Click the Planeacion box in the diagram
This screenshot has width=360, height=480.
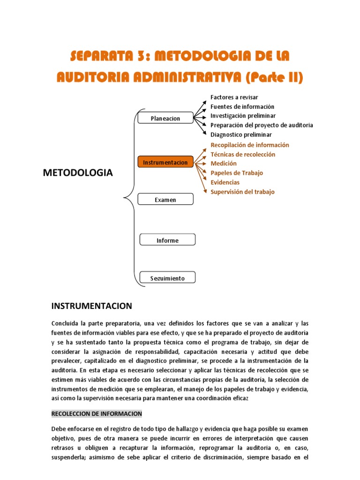point(165,118)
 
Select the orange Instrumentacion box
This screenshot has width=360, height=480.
point(165,162)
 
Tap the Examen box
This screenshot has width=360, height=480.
point(165,199)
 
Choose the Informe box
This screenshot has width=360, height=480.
point(167,240)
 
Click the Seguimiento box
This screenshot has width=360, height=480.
point(167,278)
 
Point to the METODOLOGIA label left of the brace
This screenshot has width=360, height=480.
point(78,173)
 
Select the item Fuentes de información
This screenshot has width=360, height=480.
point(242,106)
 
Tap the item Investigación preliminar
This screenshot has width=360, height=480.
point(243,116)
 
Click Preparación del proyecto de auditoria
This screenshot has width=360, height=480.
point(262,125)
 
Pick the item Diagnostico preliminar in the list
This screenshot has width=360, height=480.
point(241,135)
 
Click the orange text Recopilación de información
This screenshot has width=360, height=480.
point(250,145)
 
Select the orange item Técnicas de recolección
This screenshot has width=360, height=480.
point(243,154)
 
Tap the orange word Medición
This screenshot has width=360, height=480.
point(224,164)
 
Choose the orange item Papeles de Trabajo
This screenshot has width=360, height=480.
point(237,173)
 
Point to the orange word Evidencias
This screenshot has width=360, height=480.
point(225,182)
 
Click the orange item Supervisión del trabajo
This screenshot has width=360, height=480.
point(242,192)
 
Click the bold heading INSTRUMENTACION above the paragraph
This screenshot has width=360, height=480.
point(91,306)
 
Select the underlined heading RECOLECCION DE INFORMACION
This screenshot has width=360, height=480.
point(96,414)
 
